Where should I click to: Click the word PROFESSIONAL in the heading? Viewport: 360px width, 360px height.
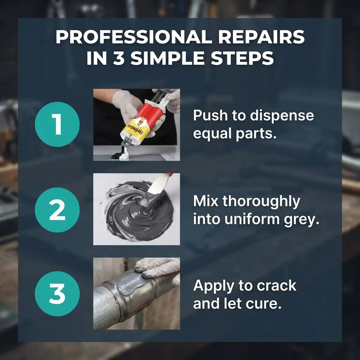[134, 37]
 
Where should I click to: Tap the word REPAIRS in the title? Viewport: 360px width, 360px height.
[261, 37]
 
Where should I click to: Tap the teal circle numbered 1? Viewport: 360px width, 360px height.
[57, 124]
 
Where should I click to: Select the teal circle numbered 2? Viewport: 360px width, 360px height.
[57, 210]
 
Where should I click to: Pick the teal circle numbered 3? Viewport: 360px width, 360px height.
[57, 294]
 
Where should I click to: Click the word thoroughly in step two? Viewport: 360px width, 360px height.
[261, 201]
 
